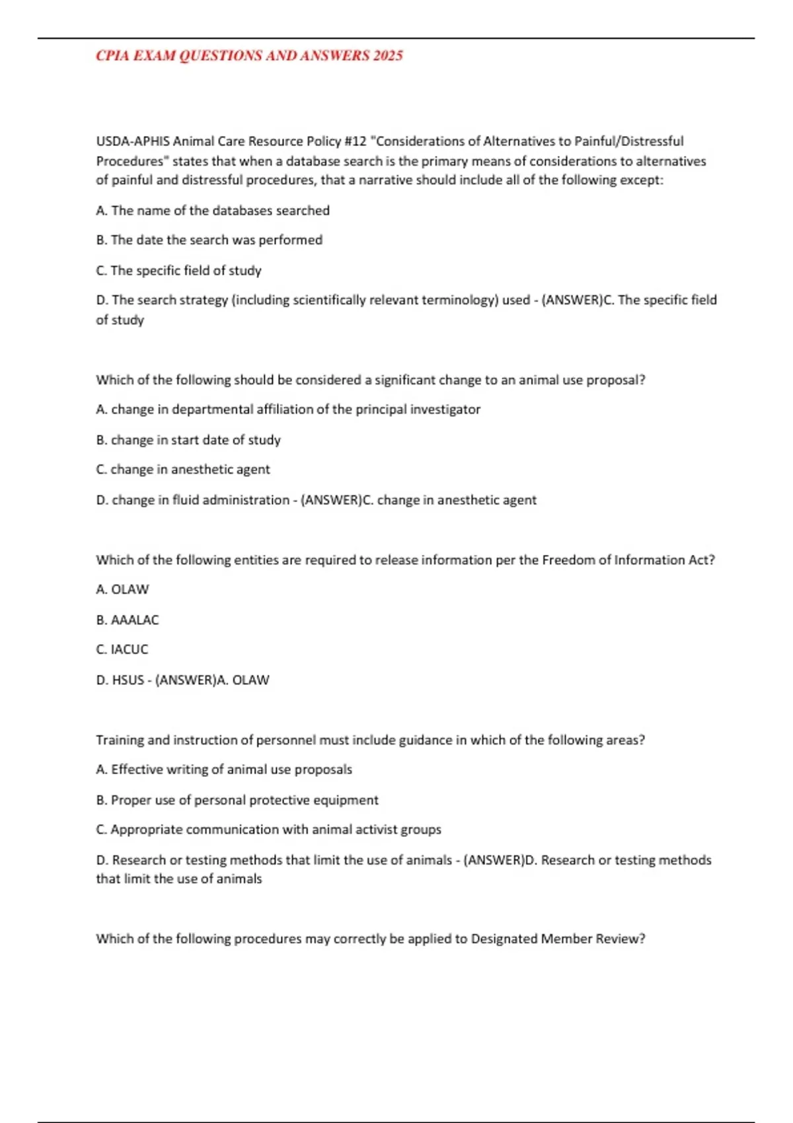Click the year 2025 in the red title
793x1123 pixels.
387,56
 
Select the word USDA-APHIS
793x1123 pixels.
133,141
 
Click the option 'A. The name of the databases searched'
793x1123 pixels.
212,211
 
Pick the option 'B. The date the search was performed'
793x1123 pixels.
209,240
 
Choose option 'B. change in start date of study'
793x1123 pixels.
188,440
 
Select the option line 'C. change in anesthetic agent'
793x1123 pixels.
182,470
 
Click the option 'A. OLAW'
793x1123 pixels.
122,589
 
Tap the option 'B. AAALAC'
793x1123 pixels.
127,620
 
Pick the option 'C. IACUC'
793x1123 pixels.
122,650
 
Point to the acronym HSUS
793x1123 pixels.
128,680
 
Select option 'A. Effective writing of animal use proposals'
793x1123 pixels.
223,770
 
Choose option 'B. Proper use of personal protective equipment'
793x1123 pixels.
237,801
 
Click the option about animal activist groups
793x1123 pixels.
268,830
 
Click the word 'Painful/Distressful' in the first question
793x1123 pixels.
628,141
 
